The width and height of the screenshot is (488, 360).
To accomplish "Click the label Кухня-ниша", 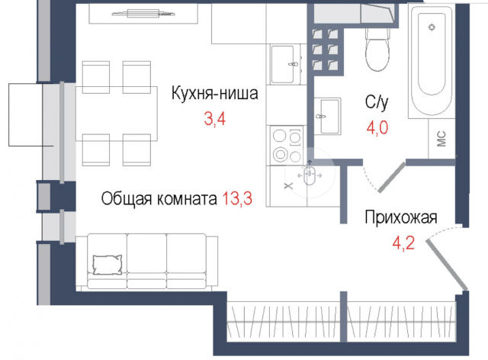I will point(214,95).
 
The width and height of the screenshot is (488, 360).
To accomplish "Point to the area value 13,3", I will point(236,199).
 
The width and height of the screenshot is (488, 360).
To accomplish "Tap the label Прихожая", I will point(400,217).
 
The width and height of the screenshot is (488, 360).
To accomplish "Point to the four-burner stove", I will point(285,144).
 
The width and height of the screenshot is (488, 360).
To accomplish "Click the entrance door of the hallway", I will point(446,263).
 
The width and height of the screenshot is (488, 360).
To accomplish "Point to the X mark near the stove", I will point(287,184).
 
